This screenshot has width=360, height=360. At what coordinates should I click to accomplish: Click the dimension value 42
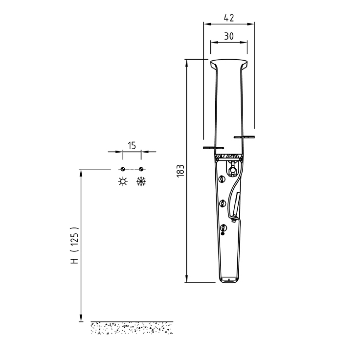click(x=229, y=18)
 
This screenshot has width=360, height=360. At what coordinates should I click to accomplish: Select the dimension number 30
click(x=228, y=36)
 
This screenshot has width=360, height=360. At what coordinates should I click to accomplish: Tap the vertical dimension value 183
click(x=180, y=171)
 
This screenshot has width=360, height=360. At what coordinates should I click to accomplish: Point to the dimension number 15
click(x=132, y=146)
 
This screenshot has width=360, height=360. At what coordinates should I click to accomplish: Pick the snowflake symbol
click(x=141, y=181)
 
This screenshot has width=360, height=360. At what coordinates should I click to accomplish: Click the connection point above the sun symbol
click(x=122, y=169)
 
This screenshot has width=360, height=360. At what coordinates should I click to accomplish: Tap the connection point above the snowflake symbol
click(x=141, y=169)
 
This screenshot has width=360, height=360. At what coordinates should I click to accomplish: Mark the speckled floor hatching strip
click(x=132, y=328)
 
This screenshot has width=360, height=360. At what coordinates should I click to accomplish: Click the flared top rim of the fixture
click(x=228, y=64)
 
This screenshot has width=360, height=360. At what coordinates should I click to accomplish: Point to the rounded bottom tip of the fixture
click(x=229, y=280)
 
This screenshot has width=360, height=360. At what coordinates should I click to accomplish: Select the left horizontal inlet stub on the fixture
click(x=213, y=147)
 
